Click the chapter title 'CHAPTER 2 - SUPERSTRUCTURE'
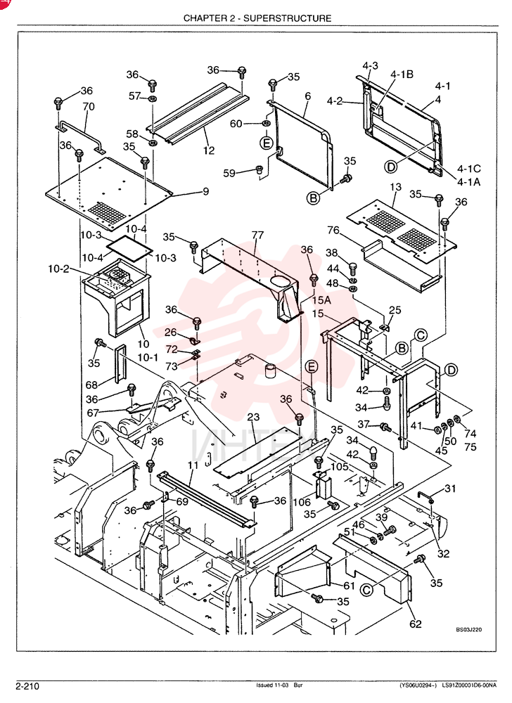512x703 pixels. coord(257,18)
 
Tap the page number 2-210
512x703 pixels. coord(28,686)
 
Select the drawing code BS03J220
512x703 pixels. coord(469,629)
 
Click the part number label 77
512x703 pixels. coord(257,235)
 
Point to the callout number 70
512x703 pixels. coord(89,106)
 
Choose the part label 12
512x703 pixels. coord(208,150)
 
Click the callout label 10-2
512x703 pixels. coord(59,269)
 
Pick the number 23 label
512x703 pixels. coord(253,417)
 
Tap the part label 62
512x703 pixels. coord(416,624)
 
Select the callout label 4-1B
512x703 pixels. coord(402,75)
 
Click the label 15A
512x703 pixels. coord(321,299)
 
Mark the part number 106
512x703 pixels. coord(302,503)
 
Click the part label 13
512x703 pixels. coord(396,186)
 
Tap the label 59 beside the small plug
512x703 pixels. coord(229,173)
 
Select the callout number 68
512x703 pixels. coord(92,385)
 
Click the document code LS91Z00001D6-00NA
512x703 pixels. coord(469,685)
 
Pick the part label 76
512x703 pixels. coord(333,230)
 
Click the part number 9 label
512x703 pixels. coord(206,191)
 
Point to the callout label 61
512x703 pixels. coord(350,586)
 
